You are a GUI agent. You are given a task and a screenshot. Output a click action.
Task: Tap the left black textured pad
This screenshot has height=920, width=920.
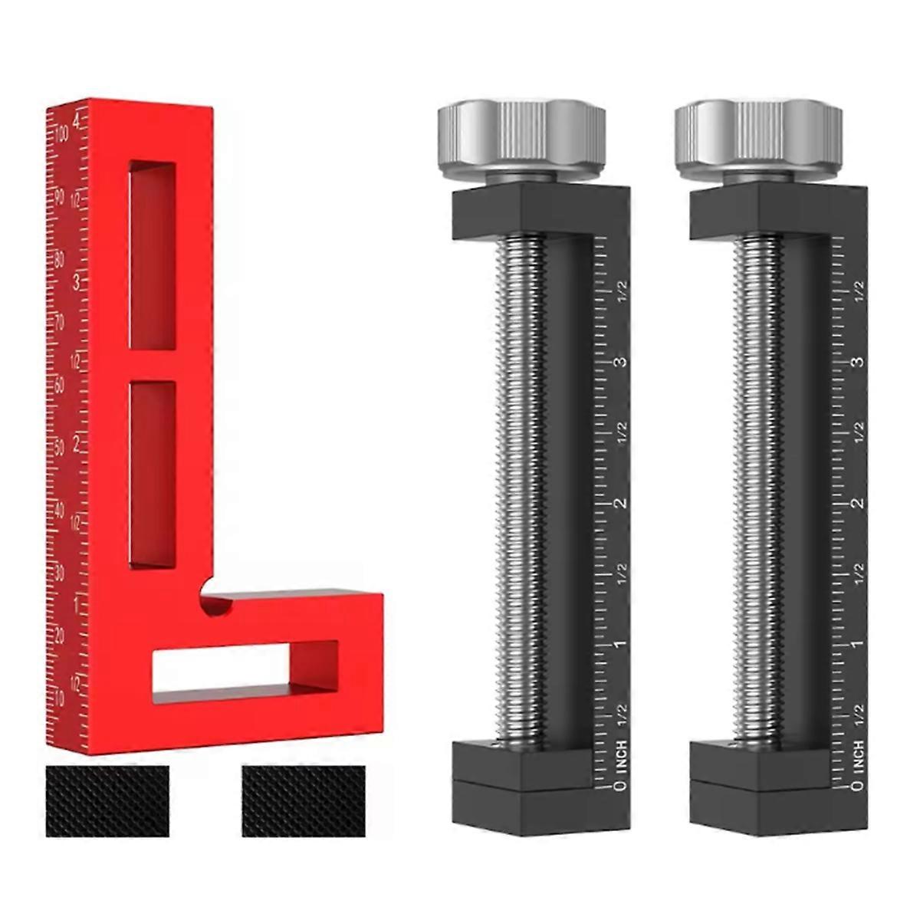point(107,800)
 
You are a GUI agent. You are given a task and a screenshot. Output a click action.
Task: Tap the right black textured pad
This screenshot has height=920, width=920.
point(303,800)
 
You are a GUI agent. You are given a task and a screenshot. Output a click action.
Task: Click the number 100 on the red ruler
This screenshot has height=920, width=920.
point(61,135)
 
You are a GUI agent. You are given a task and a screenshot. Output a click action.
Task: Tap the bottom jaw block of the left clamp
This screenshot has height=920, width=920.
point(521,790)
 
